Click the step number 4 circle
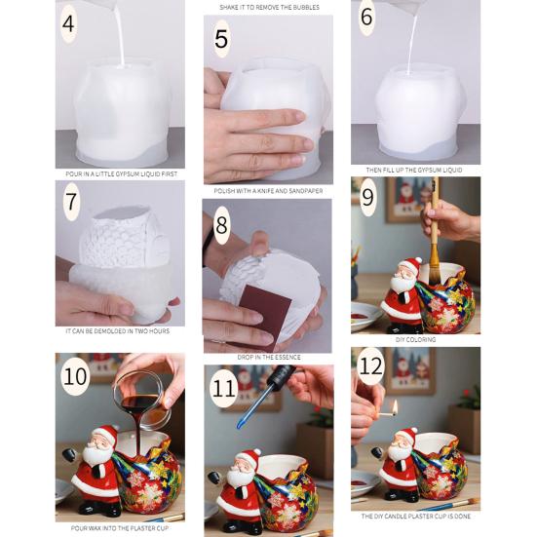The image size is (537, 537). [68, 22]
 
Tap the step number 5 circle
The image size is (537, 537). [222, 39]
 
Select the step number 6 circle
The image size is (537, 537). [366, 19]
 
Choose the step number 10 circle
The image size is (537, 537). [74, 376]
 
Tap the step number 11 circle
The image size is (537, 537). [224, 388]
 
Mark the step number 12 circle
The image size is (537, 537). [369, 366]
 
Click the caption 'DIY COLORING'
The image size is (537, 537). [415, 340]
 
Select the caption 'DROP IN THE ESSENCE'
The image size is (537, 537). [268, 358]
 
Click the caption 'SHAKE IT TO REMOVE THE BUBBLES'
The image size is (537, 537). [268, 7]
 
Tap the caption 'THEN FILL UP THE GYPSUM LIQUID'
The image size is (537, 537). [415, 170]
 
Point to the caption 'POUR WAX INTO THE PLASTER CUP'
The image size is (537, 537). [119, 526]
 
